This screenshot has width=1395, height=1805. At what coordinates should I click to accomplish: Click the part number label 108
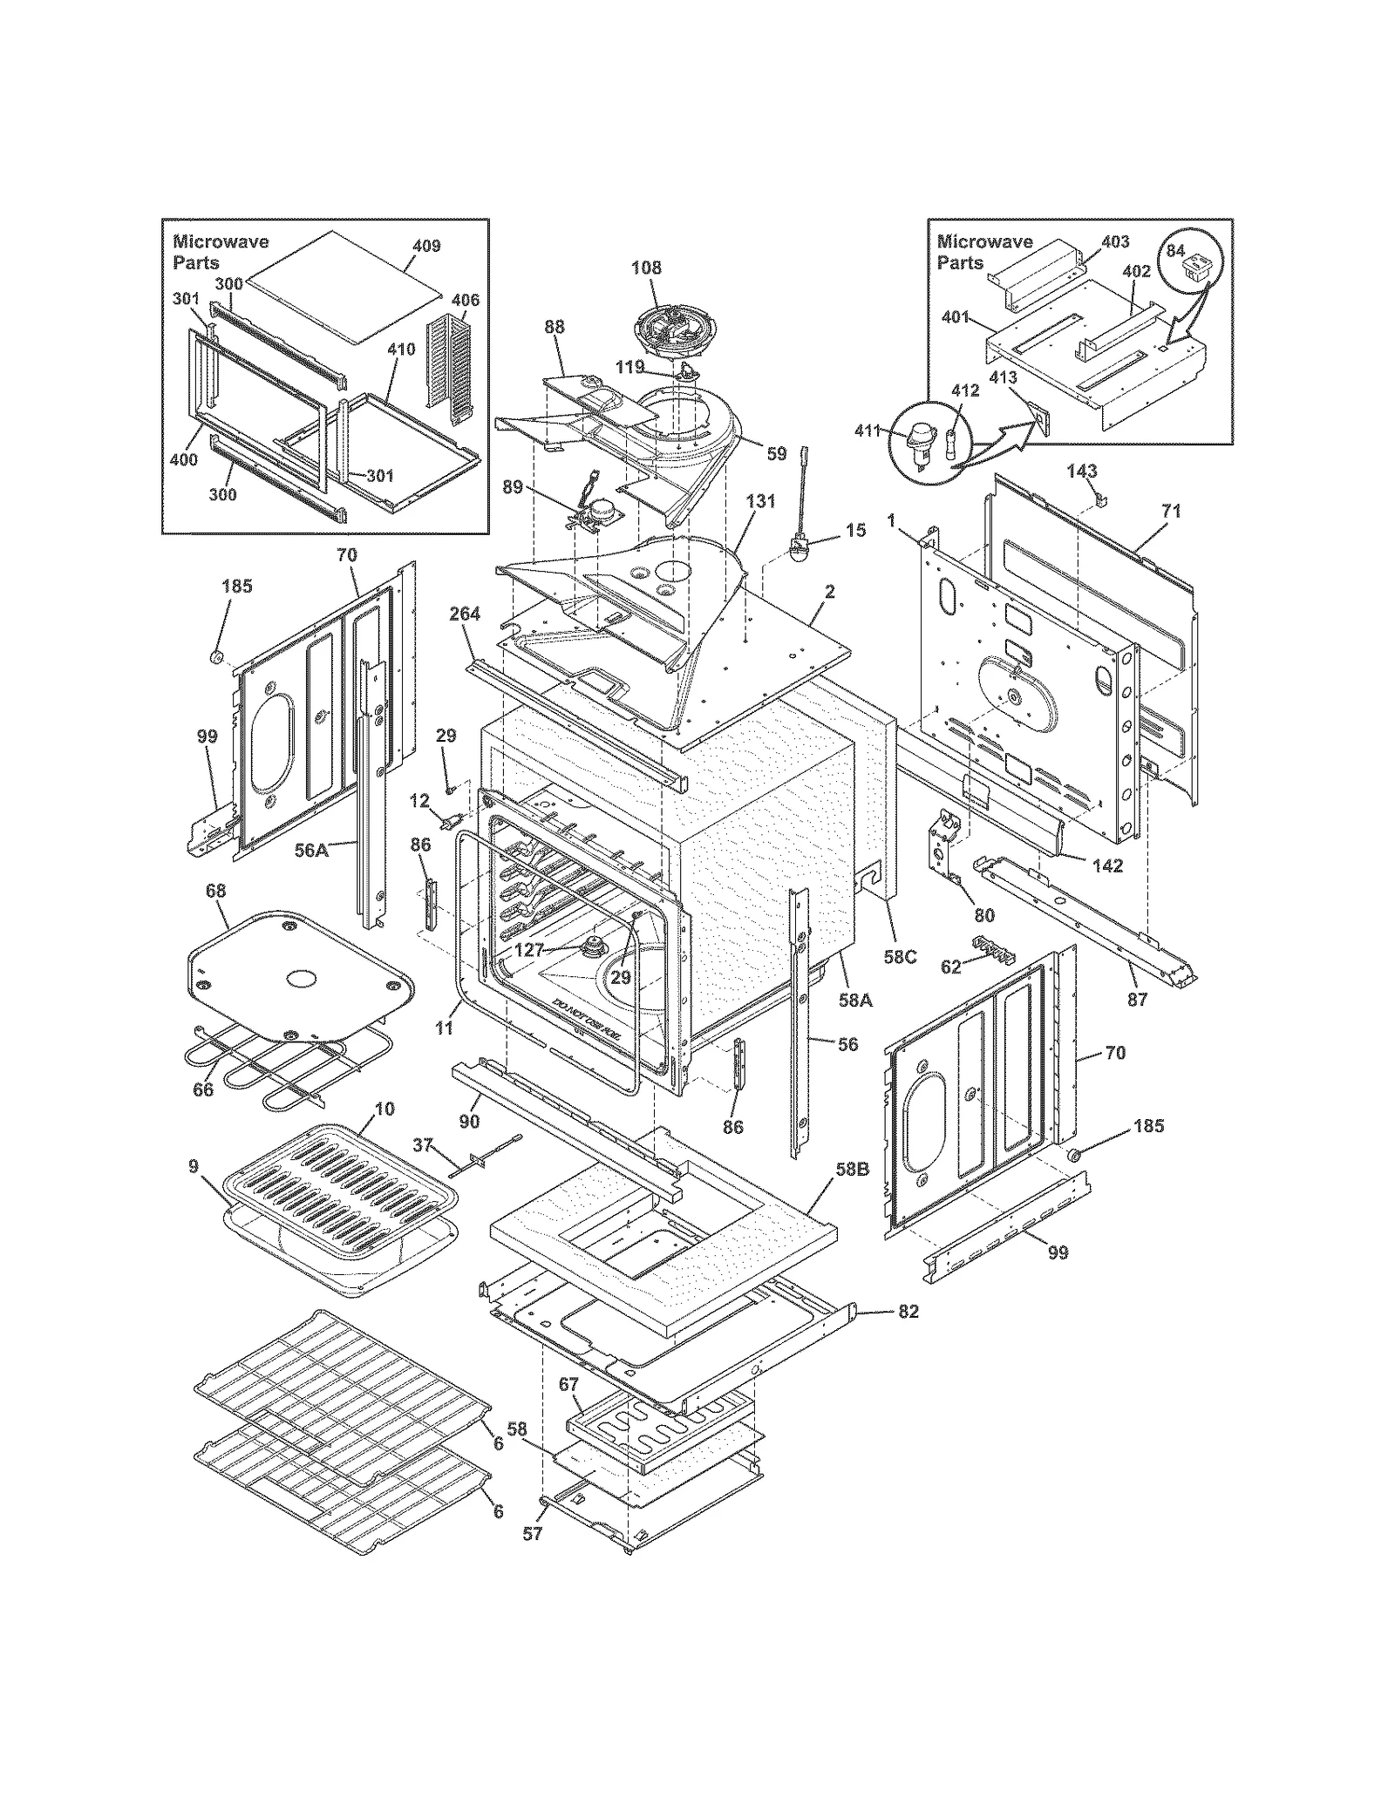pos(646,268)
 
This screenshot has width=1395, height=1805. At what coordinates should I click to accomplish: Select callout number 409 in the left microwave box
pos(425,247)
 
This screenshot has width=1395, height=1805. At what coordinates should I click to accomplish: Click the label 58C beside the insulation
pos(900,957)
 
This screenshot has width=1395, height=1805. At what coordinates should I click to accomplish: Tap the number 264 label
pos(465,614)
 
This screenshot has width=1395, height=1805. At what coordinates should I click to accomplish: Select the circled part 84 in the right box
pos(1192,263)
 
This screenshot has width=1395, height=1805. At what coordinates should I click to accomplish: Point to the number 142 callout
pos(1107,865)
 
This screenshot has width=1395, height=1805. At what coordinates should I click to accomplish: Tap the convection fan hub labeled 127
pos(596,946)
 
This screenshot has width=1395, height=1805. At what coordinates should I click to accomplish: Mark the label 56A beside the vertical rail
pos(311,850)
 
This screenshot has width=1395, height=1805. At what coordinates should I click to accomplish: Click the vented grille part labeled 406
pos(451,372)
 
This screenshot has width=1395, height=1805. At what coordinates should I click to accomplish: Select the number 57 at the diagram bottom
pos(532,1557)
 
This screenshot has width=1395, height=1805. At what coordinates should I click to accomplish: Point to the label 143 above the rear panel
pos(1081,472)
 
